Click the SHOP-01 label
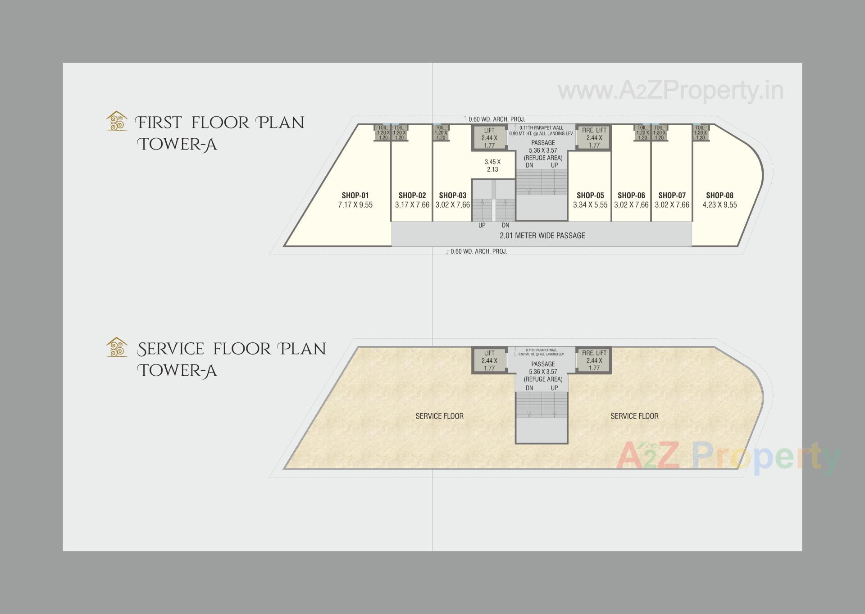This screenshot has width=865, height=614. tap(355, 196)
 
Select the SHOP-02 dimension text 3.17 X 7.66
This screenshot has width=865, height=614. tap(412, 205)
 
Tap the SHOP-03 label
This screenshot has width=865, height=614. tap(452, 196)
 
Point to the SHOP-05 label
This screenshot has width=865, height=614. tap(590, 196)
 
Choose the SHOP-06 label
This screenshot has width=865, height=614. tap(631, 196)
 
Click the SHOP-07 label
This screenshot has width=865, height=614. tap(672, 196)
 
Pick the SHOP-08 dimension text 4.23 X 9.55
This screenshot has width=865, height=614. tap(719, 205)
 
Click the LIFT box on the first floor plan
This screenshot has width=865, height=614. tap(489, 138)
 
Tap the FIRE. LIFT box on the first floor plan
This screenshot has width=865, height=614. tap(594, 138)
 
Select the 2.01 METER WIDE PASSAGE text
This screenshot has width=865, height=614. tap(542, 236)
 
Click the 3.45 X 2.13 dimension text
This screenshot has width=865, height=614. tap(492, 166)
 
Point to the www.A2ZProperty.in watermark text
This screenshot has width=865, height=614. tap(670, 91)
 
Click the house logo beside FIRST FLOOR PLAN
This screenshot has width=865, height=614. tap(117, 121)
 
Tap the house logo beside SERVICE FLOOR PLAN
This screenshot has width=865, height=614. tap(117, 347)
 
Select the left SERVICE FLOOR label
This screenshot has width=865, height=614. tap(439, 416)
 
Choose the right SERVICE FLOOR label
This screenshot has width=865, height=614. tap(634, 416)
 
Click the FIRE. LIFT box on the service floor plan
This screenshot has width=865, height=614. tap(594, 360)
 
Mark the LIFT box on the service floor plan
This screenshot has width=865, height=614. tap(489, 360)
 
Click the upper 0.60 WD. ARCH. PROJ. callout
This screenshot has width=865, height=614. tap(496, 119)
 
